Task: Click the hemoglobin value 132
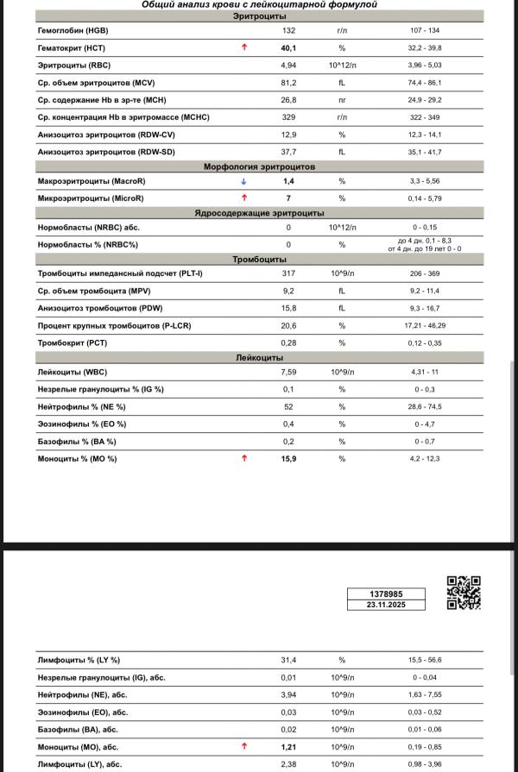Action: (288, 29)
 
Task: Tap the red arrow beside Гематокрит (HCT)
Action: (244, 47)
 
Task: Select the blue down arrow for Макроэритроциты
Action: (244, 181)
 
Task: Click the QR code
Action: (464, 593)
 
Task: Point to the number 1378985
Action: (386, 594)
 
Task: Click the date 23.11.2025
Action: (386, 606)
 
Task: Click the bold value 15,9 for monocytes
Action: (289, 458)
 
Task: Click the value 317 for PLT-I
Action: (288, 274)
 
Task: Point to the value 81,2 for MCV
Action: (288, 82)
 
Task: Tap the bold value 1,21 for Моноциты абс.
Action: (289, 746)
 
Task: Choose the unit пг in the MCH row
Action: (342, 99)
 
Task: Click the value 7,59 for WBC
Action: (288, 372)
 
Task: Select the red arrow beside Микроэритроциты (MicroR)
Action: (244, 198)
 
